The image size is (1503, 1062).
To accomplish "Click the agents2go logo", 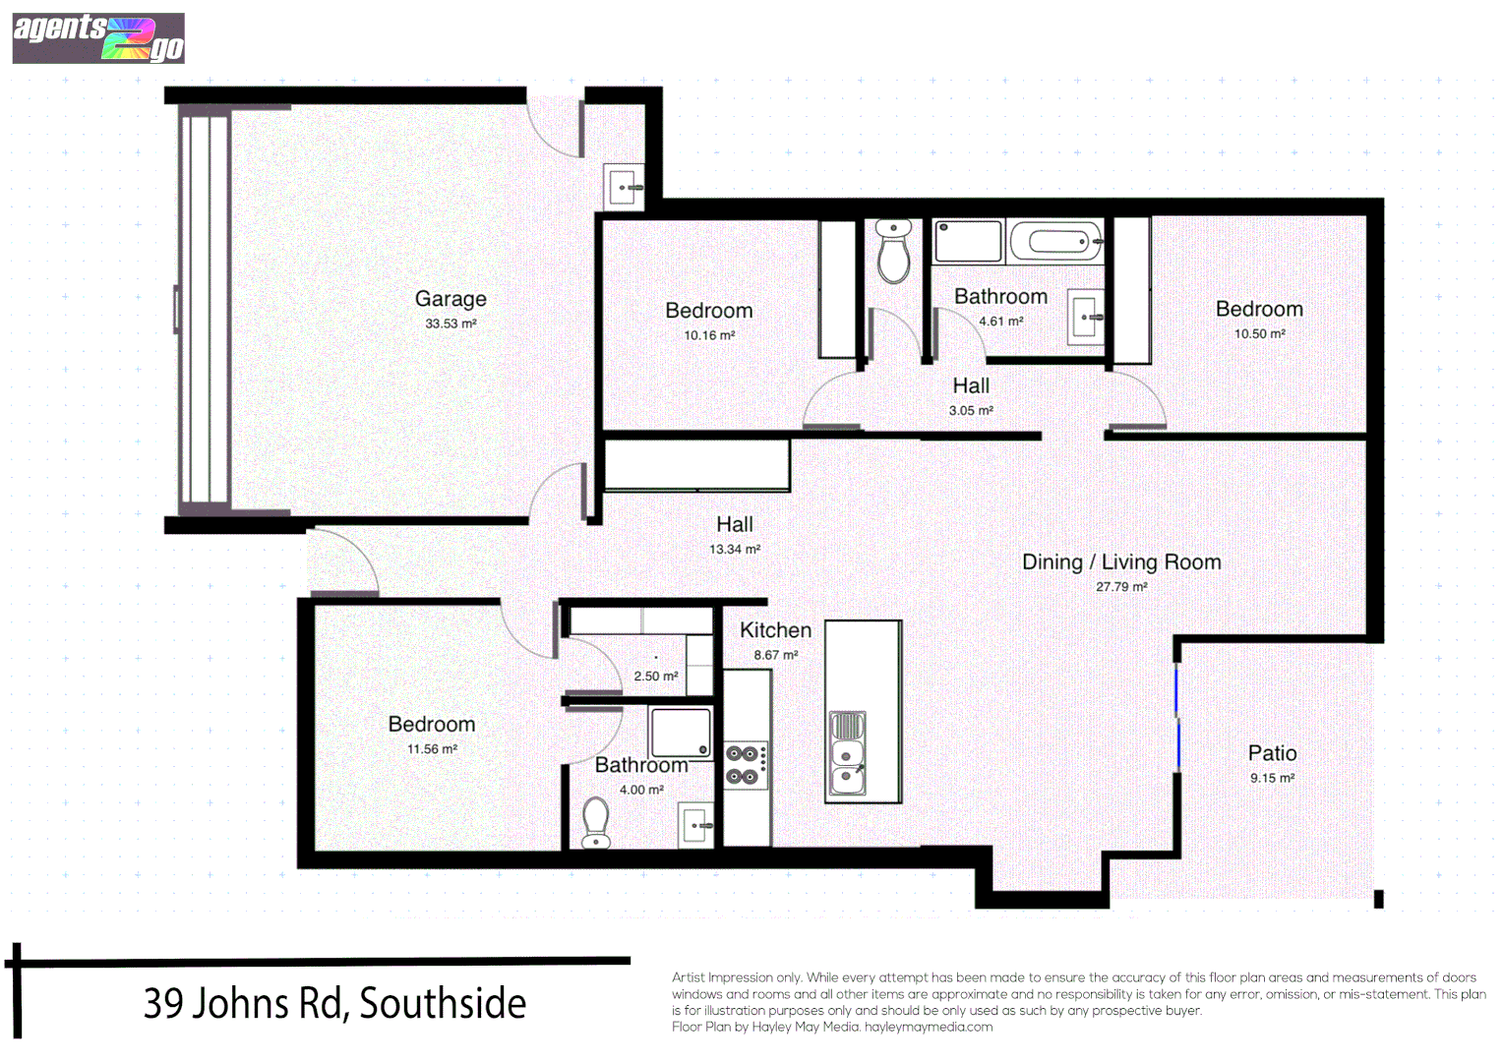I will coord(98,38).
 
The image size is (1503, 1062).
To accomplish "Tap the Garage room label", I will coord(451,299).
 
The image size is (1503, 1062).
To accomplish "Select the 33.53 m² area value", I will coord(451,324).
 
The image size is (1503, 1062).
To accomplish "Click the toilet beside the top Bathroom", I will coord(893,252).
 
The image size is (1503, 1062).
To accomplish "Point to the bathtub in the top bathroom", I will coord(1054,240).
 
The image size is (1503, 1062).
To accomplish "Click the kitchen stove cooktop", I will coord(745,765).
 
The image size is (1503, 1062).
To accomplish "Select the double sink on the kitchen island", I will coord(847,753).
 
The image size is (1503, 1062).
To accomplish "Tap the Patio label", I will coord(1272,753).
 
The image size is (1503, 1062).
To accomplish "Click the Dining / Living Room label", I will coord(1121,562).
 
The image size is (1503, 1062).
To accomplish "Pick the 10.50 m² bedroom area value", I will coord(1259,334).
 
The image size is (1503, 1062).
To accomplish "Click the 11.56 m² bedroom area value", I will coord(432,749).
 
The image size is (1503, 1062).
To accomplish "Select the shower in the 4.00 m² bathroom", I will coord(680,733).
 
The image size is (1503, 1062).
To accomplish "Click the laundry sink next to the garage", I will coord(623,186).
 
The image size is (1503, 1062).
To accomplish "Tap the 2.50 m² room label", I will coord(655,677).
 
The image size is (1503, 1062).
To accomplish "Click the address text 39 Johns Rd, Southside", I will coord(334,1004).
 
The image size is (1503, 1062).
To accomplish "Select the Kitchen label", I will coord(775,630).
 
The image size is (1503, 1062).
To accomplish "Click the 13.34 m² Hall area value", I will coord(735,550).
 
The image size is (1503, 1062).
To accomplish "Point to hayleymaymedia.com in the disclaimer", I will coord(929,1028).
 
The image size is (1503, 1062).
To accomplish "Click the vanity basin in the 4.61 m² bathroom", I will coord(1086,317).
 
